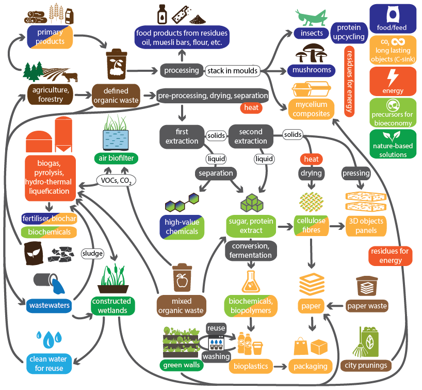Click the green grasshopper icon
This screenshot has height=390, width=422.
pos(311,18)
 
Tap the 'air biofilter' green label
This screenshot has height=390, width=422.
pos(116,158)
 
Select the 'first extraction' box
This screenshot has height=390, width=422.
pos(182,136)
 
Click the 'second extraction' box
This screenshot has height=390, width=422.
pos(251,136)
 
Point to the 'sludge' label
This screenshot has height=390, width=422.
pos(92,253)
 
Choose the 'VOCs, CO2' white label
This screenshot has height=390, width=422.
pos(116,180)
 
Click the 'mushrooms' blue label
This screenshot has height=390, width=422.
pos(312,70)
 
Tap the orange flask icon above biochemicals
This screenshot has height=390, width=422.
pos(251,282)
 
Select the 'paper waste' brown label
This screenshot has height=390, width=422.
pos(367,306)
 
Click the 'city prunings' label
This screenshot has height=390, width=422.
pos(366,366)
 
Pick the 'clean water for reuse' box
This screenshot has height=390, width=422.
pos(48,364)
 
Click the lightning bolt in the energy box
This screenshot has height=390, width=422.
pos(393,77)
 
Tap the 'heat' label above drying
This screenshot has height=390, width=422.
pos(312,159)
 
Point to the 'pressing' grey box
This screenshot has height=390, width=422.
pos(356,173)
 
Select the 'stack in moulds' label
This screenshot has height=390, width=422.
pos(233,71)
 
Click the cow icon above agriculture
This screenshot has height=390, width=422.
pos(70,76)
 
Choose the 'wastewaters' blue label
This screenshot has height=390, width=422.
pos(49,306)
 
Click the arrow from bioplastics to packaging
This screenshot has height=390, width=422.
pos(280,367)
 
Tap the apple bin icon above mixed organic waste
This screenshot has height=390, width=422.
pos(182,277)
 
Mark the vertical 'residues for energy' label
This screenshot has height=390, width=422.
pos(349,82)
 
